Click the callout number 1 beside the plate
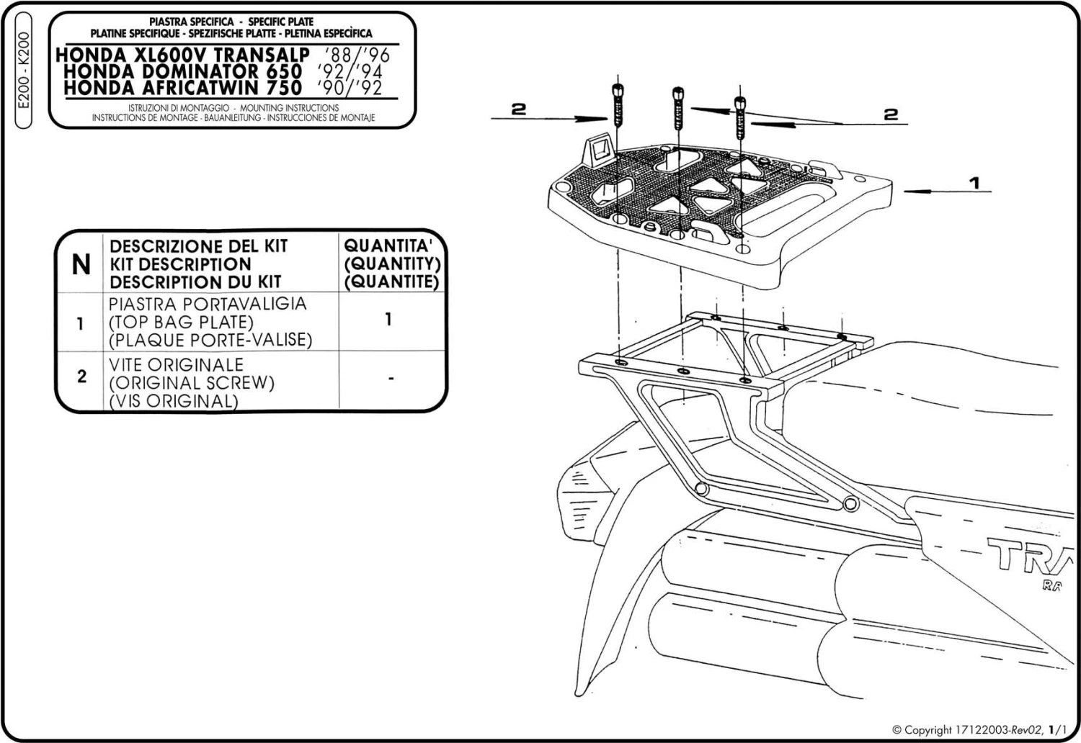[974, 183]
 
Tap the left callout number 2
[519, 109]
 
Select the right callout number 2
[891, 114]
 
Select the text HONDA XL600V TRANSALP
[182, 55]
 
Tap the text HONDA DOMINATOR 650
[183, 71]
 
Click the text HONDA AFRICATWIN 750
[182, 88]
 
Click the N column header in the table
[81, 265]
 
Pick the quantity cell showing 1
[388, 319]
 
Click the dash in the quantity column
[390, 377]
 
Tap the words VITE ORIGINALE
[177, 365]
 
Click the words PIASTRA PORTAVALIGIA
[208, 304]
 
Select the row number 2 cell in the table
[81, 377]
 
